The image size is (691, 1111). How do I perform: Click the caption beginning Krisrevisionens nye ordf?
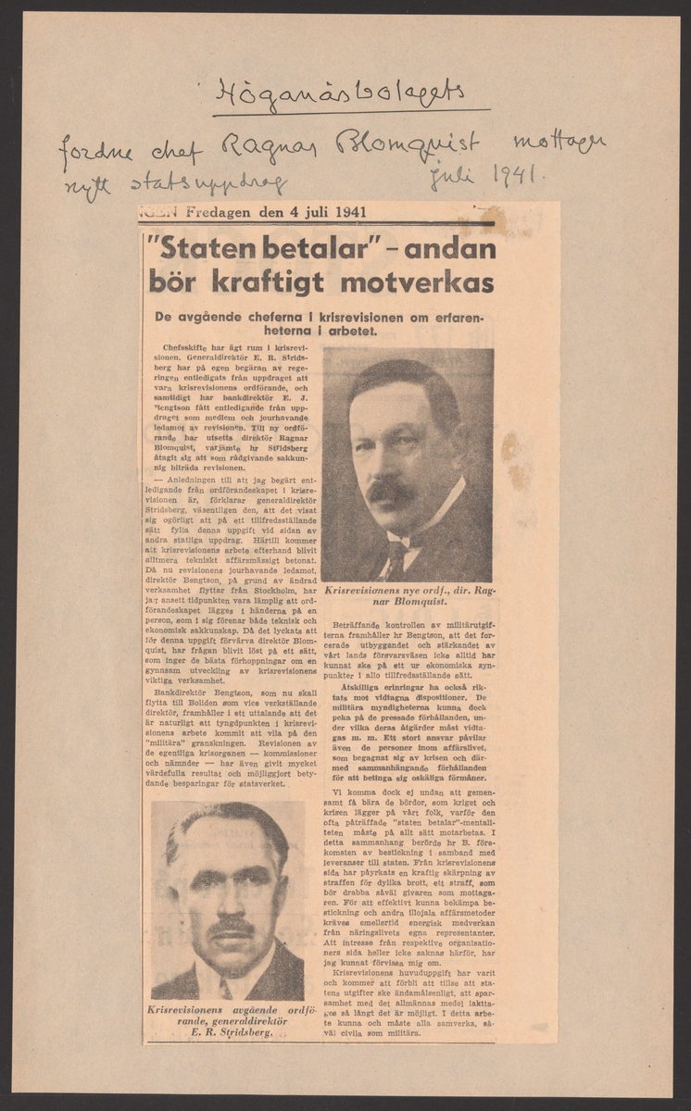click(408, 593)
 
